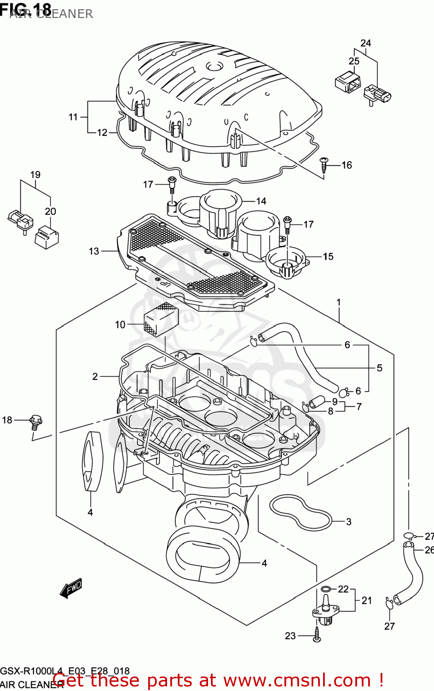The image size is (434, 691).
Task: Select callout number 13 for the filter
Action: pos(94,251)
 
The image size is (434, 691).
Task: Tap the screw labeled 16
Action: pos(325,164)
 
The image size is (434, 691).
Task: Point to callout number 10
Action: pos(120,325)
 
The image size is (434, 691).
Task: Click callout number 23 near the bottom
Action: pos(290,636)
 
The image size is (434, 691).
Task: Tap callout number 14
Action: pos(261,201)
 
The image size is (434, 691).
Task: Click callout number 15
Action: pos(328,256)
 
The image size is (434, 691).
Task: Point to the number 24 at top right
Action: pos(365,43)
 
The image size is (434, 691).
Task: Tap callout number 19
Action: pos(35,175)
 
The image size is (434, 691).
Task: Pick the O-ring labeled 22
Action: pos(326,589)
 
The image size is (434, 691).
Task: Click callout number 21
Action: pos(366,600)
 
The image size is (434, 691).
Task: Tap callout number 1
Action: pos(339,302)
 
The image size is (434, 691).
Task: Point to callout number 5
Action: pos(379,368)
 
